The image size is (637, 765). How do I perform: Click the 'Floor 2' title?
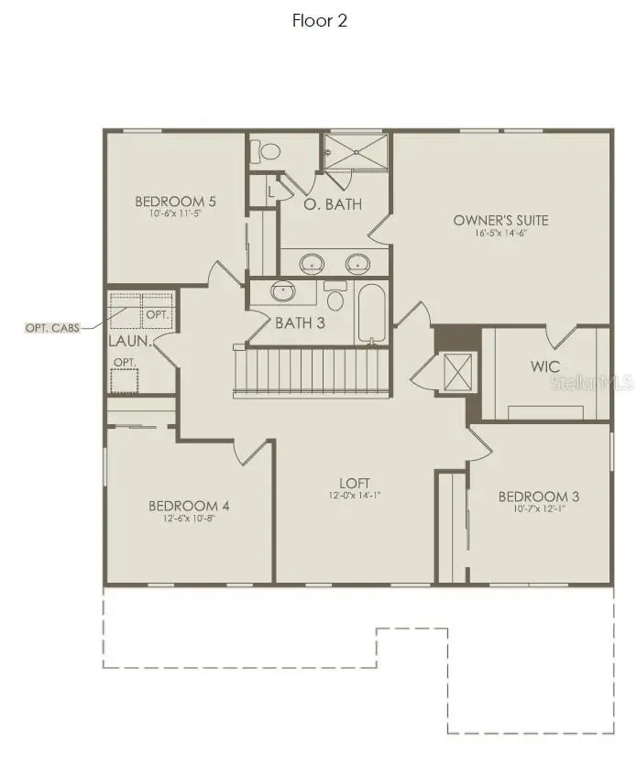(x=320, y=20)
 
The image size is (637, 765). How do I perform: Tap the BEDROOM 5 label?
(x=175, y=202)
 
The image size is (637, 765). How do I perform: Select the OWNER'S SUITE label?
(x=500, y=220)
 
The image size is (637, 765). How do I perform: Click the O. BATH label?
(x=333, y=204)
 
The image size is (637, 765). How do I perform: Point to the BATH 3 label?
(x=301, y=322)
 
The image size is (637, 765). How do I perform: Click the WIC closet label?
(x=544, y=366)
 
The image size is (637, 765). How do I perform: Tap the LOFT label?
(x=354, y=482)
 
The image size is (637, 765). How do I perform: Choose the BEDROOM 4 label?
(x=189, y=506)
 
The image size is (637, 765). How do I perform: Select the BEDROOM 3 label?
(x=540, y=497)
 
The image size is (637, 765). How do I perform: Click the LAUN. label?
(x=129, y=341)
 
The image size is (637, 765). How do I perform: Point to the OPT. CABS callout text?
(x=51, y=327)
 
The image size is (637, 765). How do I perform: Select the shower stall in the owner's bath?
(x=356, y=151)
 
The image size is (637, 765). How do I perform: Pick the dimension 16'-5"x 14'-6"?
(x=500, y=234)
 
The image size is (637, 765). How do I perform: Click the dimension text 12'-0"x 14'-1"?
(x=354, y=496)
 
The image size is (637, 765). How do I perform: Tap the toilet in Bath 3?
(x=335, y=298)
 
